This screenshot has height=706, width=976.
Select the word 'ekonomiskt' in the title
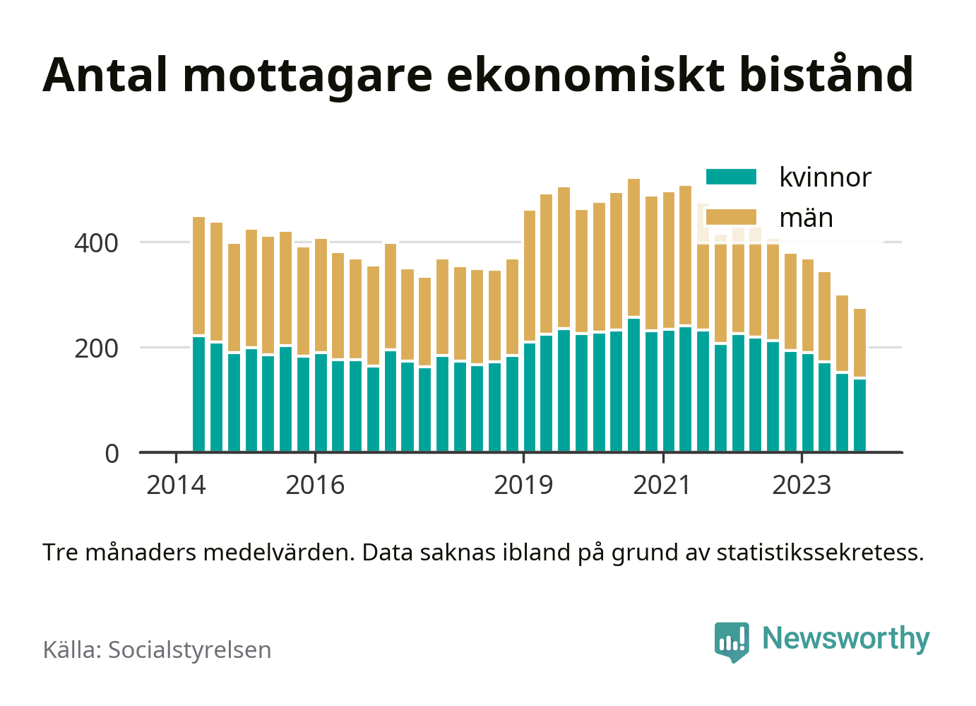[585, 75]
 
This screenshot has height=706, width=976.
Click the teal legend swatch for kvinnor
[731, 177]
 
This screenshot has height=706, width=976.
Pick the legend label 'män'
[806, 218]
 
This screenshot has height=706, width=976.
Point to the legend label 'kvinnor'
[825, 177]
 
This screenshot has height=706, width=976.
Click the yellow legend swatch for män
[731, 217]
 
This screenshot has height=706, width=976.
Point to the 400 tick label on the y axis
[97, 243]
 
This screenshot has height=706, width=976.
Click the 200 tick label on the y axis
[97, 348]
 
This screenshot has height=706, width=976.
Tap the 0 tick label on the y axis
[112, 454]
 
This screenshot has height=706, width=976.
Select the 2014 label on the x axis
[176, 486]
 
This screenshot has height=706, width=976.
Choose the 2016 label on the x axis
[315, 486]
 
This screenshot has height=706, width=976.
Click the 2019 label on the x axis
[523, 486]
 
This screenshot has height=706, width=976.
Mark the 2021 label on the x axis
[662, 486]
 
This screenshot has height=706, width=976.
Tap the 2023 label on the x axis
[802, 486]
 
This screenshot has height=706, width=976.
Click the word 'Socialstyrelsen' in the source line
[189, 649]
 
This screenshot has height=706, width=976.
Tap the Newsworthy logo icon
[732, 641]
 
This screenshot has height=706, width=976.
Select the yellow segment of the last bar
[859, 343]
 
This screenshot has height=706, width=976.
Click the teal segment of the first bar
[199, 394]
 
